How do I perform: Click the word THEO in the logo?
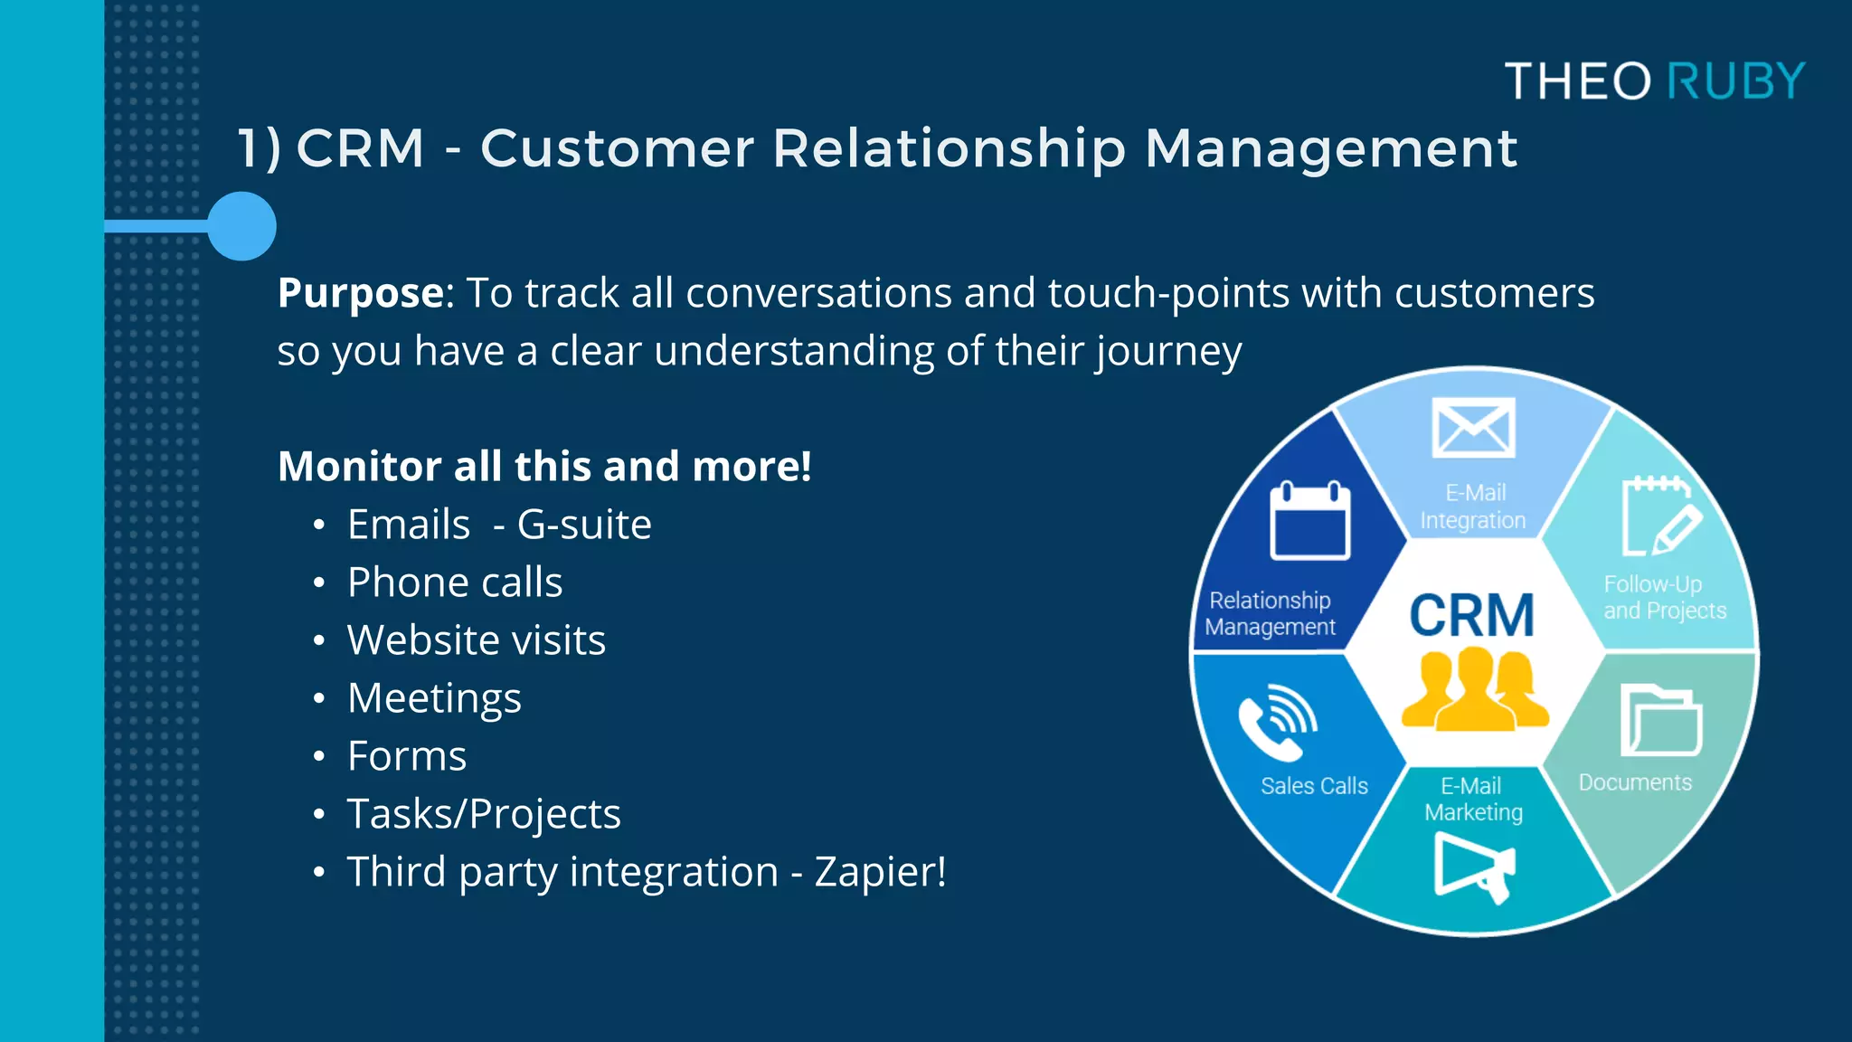click(1578, 81)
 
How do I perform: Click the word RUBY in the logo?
click(1735, 81)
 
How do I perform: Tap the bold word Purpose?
click(361, 293)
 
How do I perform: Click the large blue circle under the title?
click(241, 226)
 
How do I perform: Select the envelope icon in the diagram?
click(1473, 428)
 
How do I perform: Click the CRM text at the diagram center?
click(1472, 617)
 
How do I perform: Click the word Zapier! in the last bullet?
click(880, 872)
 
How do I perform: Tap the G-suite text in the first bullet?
click(584, 525)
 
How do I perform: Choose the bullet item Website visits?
click(476, 640)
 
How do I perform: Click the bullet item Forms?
click(407, 756)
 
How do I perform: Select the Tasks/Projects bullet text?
click(484, 814)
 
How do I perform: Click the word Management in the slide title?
click(1330, 148)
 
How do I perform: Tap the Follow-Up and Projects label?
click(1664, 598)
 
